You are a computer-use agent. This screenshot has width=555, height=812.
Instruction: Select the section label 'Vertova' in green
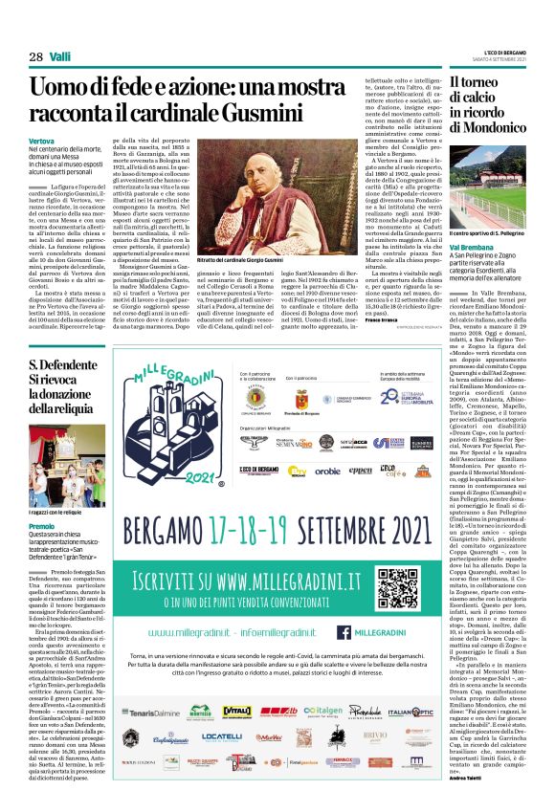pyautogui.click(x=42, y=140)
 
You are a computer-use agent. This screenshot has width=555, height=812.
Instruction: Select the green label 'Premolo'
pyautogui.click(x=42, y=527)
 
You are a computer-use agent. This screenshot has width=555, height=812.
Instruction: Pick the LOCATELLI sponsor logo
pyautogui.click(x=223, y=737)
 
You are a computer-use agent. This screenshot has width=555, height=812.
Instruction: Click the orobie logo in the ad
pyautogui.click(x=326, y=471)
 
